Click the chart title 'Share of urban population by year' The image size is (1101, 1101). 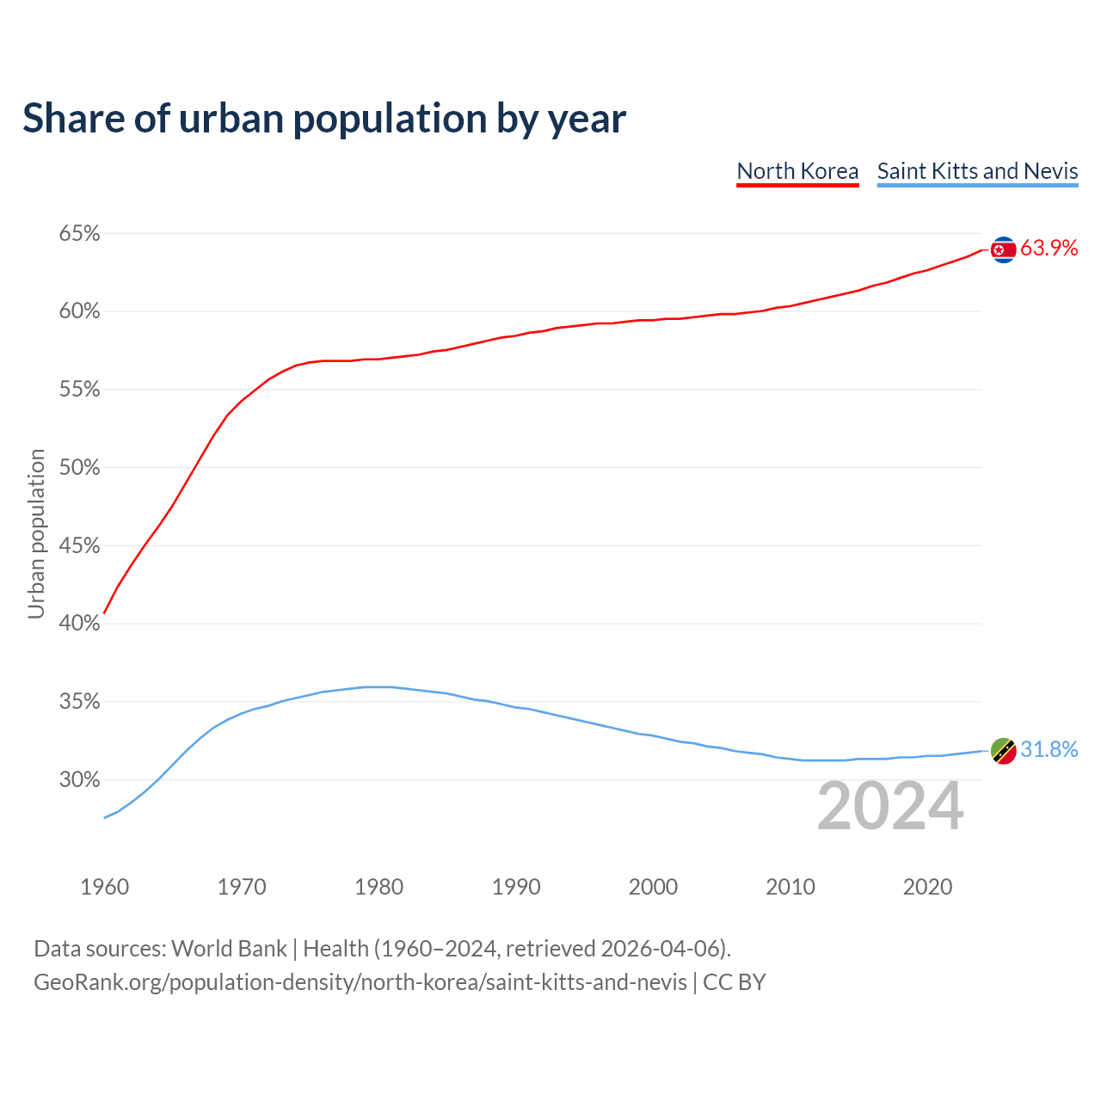pos(324,119)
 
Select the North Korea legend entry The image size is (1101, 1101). pos(797,171)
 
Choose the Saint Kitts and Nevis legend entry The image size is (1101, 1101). pos(977,171)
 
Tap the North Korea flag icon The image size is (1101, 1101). pos(1003,249)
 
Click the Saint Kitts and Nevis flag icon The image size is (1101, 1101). pos(1003,751)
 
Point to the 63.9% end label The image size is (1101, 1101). pos(1049,249)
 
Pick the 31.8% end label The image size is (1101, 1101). pos(1049,750)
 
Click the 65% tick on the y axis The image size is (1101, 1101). pos(79,234)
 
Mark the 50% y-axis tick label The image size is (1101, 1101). pos(79,468)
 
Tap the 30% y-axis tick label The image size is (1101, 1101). pos(79,780)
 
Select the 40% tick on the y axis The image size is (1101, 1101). pos(79,624)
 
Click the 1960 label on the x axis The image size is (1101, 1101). pos(104,887)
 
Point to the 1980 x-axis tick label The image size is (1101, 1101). pos(378,887)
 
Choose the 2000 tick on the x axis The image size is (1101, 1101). pos(653,887)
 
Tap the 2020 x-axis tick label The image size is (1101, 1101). pos(927,887)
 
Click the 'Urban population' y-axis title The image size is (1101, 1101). pos(36,533)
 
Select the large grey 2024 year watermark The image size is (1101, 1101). pos(890,806)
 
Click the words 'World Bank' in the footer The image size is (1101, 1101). pos(229,949)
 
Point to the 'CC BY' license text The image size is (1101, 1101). pos(734,982)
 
